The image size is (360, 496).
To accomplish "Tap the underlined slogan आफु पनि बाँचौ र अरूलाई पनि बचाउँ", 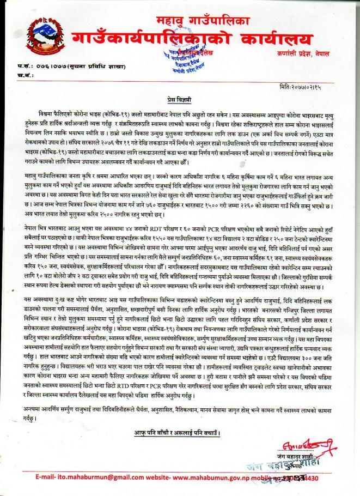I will point(180,432).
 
